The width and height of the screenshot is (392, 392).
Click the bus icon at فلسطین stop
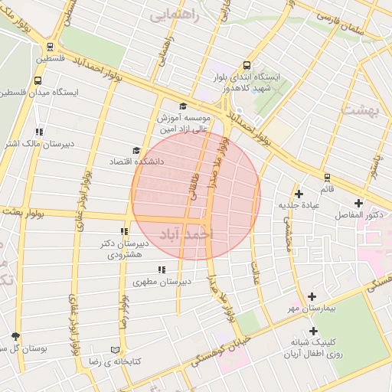pos(50,46)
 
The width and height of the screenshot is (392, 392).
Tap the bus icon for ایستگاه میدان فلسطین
pos(38,80)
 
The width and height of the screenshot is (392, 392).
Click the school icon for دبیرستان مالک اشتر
pos(39,132)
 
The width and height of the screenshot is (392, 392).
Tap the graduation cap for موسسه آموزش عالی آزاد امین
pos(182,106)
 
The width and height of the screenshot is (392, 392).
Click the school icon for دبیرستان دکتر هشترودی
pos(123,231)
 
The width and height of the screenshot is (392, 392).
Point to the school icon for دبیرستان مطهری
pos(161,269)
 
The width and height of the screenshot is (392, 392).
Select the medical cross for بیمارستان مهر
pos(312,296)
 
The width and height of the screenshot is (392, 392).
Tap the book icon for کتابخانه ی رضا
pos(117,348)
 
